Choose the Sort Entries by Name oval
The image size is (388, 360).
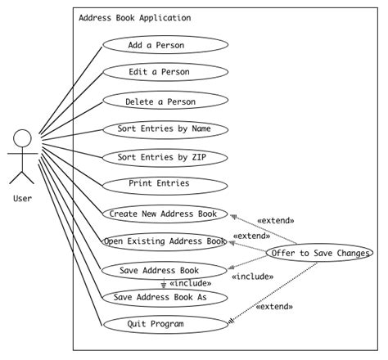click(x=163, y=129)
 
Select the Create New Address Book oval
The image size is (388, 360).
click(x=163, y=214)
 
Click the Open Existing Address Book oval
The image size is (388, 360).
click(x=165, y=241)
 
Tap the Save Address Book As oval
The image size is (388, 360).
click(x=163, y=297)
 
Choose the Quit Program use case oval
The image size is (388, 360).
click(x=163, y=324)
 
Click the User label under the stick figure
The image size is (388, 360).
click(x=22, y=197)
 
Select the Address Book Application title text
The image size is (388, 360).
click(x=135, y=18)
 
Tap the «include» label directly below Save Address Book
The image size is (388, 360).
click(x=189, y=283)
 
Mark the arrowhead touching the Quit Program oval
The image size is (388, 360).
click(x=232, y=321)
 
